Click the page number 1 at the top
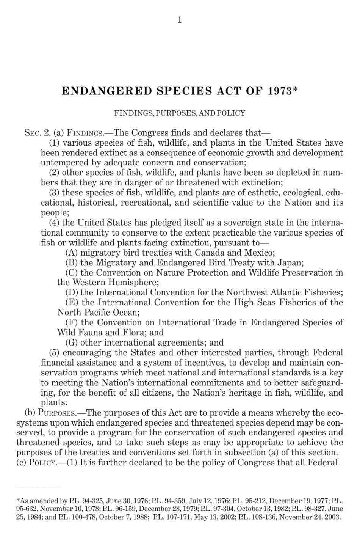pyautogui.click(x=180, y=20)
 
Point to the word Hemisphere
pyautogui.click(x=133, y=283)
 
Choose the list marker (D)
pyautogui.click(x=72, y=292)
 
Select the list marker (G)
pyautogui.click(x=72, y=342)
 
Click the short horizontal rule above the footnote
pyautogui.click(x=38, y=487)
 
